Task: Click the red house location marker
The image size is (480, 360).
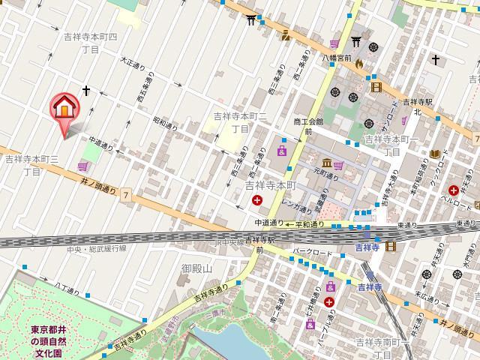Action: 64,109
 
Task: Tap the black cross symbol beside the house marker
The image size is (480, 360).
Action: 86,91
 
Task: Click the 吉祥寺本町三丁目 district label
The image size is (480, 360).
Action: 31,165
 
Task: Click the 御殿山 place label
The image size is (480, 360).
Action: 197,268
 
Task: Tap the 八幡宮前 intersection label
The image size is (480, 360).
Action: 337,55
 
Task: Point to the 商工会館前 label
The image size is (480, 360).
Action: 308,124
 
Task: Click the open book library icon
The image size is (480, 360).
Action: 434,154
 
